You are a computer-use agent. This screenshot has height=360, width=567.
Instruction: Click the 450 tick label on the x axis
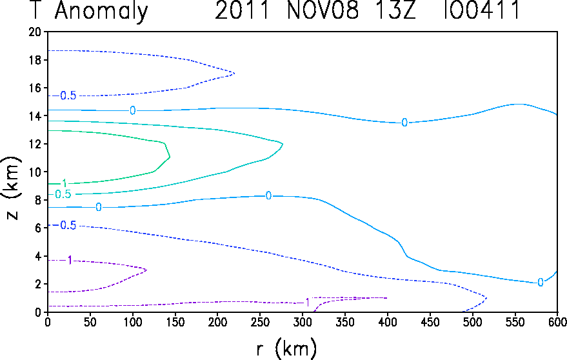[430, 322]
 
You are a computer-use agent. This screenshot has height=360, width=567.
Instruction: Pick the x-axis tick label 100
[132, 322]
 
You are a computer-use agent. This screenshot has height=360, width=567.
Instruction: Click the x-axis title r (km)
[286, 348]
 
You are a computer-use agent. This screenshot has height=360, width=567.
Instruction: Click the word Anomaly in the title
[101, 11]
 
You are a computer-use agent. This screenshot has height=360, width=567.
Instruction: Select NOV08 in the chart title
[323, 10]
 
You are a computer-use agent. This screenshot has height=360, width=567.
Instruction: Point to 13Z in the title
[395, 10]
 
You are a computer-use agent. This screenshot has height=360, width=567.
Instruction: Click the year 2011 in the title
[243, 10]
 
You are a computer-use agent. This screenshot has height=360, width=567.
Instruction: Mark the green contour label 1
[65, 183]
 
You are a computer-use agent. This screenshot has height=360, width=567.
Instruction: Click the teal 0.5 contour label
[63, 194]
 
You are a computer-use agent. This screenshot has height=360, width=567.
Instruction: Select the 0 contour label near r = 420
[404, 123]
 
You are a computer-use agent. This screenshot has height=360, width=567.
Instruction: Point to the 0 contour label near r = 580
[541, 282]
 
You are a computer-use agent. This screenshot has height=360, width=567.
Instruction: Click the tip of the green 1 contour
[170, 157]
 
